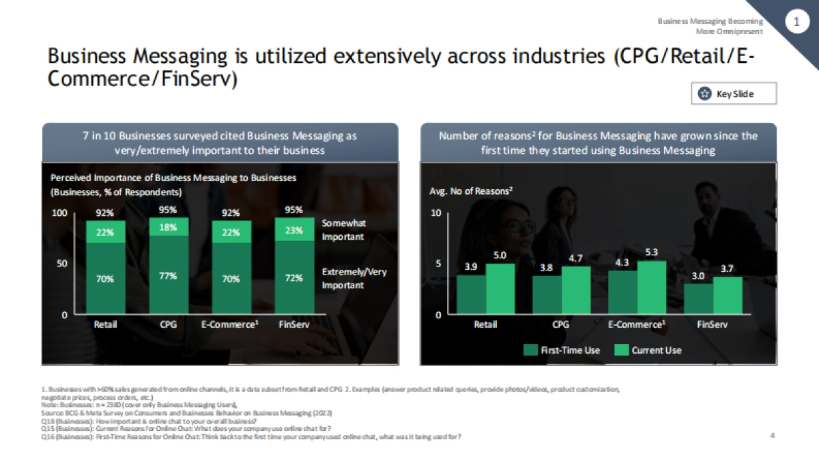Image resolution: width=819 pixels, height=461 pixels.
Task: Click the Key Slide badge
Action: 734,94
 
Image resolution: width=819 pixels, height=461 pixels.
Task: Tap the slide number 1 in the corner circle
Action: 796,23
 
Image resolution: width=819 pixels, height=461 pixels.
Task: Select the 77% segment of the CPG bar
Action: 169,275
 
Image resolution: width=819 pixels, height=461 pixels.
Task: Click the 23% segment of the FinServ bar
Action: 294,231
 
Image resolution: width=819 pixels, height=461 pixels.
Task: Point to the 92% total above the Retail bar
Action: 105,212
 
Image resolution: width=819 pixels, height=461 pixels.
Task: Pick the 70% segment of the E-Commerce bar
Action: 231,279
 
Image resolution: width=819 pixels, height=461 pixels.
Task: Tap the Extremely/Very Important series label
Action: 354,278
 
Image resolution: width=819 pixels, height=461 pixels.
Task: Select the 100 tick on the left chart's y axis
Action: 60,213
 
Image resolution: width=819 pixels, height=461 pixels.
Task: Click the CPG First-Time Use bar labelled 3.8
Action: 547,295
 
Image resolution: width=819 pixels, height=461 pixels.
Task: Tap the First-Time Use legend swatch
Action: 530,350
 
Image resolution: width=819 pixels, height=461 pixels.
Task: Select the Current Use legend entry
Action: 648,350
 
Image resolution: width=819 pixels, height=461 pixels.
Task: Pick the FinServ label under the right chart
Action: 713,324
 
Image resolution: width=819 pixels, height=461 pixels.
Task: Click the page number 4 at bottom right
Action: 772,436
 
